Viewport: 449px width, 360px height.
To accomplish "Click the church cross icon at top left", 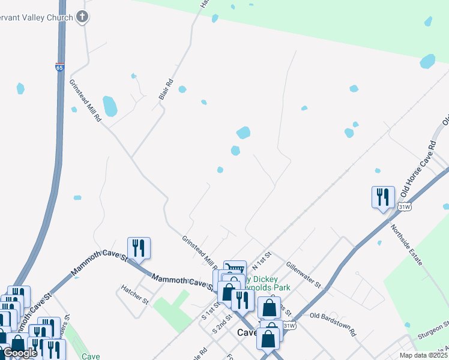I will tap(83, 17).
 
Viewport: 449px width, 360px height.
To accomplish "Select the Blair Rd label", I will tap(166, 89).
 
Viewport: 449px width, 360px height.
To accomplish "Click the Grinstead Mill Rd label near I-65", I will tap(85, 101).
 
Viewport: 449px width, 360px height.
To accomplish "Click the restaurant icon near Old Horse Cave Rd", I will tap(382, 197).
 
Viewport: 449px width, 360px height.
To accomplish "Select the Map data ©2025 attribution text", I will tap(423, 355).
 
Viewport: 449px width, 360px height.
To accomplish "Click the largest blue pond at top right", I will tap(427, 61).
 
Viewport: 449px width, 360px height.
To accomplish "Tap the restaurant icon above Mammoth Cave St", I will tap(139, 248).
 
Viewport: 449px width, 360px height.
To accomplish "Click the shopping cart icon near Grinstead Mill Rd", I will tap(235, 268).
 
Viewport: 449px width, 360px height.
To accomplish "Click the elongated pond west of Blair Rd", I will tap(110, 106).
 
